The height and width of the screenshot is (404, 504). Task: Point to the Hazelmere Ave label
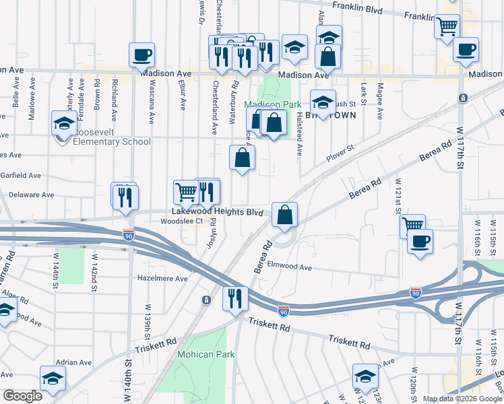pos(162,278)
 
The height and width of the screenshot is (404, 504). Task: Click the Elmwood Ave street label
pos(290,267)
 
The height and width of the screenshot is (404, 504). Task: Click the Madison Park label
pos(273,104)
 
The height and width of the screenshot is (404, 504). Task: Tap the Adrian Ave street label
pos(73,362)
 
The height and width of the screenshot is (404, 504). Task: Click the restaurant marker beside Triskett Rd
pos(235,299)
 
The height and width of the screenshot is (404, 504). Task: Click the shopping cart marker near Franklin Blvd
pos(447,28)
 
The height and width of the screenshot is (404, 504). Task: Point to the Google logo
pos(22,396)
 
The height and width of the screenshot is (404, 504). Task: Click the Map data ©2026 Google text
pos(462,399)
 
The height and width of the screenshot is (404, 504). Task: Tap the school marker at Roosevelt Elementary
pos(64,124)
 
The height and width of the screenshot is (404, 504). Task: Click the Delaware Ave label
pos(30,195)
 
